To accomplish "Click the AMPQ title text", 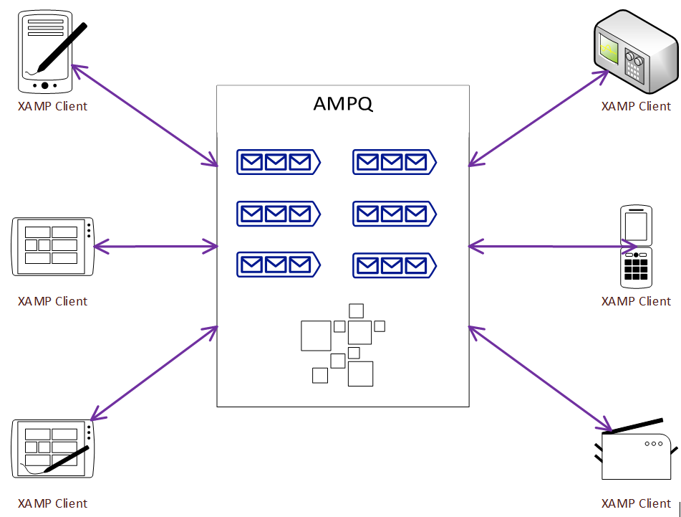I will pyautogui.click(x=343, y=105).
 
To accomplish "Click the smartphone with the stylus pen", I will pyautogui.click(x=47, y=52).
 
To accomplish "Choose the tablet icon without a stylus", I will pyautogui.click(x=54, y=246).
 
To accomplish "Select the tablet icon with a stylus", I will pyautogui.click(x=54, y=448).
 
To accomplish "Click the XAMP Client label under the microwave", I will pyautogui.click(x=636, y=106).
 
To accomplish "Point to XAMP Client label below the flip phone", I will pyautogui.click(x=636, y=301).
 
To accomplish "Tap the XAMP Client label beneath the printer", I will pyautogui.click(x=636, y=503).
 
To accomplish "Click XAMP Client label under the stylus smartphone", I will pyautogui.click(x=52, y=106).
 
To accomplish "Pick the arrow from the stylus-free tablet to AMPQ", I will pyautogui.click(x=156, y=247).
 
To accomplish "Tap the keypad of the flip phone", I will pyautogui.click(x=636, y=270).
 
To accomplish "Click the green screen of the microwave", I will pyautogui.click(x=609, y=51).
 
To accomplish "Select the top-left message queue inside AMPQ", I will pyautogui.click(x=278, y=162).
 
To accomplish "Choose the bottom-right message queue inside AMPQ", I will pyautogui.click(x=394, y=265).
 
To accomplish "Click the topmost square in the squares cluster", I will pyautogui.click(x=356, y=310).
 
